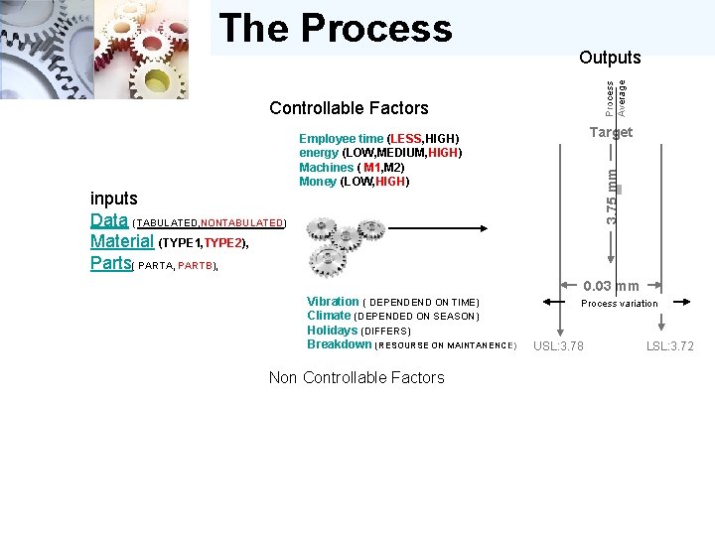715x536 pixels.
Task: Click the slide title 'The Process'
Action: pyautogui.click(x=335, y=29)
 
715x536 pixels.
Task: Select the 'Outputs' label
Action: pyautogui.click(x=610, y=58)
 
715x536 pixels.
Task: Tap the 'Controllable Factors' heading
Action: pyautogui.click(x=349, y=108)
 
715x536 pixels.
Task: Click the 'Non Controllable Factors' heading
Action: pyautogui.click(x=357, y=377)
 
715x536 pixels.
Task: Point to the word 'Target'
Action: pyautogui.click(x=610, y=132)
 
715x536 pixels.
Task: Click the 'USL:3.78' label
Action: pyautogui.click(x=558, y=345)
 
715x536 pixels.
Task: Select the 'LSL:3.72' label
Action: pyautogui.click(x=670, y=345)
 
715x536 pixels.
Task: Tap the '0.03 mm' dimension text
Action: pyautogui.click(x=611, y=286)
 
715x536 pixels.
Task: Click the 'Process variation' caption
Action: pyautogui.click(x=619, y=304)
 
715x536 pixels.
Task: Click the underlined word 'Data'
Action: pyautogui.click(x=108, y=220)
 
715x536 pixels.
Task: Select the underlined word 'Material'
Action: pyautogui.click(x=121, y=242)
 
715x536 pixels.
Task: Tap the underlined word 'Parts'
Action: pyautogui.click(x=110, y=264)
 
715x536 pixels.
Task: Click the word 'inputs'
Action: pyautogui.click(x=113, y=199)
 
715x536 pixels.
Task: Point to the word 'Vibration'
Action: pyautogui.click(x=333, y=302)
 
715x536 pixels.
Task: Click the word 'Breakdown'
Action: pyautogui.click(x=339, y=344)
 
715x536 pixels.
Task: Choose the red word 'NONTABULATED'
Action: pyautogui.click(x=242, y=223)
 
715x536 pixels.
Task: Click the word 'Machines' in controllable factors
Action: pyautogui.click(x=326, y=167)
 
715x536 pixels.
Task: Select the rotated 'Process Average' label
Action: pyautogui.click(x=616, y=95)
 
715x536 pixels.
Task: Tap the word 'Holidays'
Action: pyautogui.click(x=332, y=330)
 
